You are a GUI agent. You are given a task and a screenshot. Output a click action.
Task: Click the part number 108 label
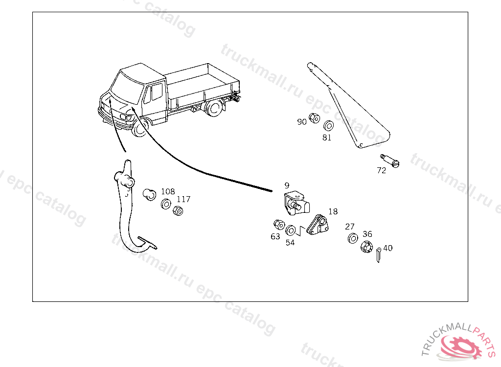point(168,191)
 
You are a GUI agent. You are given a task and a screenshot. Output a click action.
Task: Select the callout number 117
point(183,199)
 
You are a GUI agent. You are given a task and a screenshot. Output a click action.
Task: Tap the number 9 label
point(287,185)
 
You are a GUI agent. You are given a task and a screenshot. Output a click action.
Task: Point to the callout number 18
point(333,211)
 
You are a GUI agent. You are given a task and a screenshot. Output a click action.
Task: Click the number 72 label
point(381,170)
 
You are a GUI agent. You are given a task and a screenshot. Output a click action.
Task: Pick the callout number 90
point(302,121)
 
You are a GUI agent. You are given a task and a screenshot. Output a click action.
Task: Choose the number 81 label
point(327,138)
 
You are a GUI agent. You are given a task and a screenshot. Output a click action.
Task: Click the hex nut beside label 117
point(179,211)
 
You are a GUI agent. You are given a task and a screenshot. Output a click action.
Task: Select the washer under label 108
point(166,203)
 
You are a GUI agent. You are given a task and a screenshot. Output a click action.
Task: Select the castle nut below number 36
point(366,247)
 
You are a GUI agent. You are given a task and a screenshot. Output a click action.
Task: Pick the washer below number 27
point(352,239)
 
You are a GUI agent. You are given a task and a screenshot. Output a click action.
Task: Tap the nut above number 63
point(279,225)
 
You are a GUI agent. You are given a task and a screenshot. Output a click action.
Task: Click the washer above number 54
point(291,229)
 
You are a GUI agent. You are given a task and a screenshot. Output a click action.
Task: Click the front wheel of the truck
point(141,128)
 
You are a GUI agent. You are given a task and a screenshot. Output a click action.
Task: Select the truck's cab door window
point(157,92)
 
